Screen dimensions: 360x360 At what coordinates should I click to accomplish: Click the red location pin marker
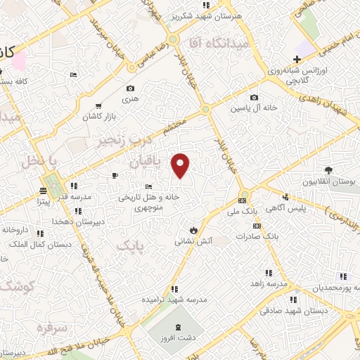click(x=181, y=165)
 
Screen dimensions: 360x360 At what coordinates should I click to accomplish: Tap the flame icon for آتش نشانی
click(x=193, y=230)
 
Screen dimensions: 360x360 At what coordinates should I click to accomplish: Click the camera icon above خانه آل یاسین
click(x=254, y=97)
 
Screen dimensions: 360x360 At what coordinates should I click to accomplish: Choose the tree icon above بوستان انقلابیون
click(x=328, y=169)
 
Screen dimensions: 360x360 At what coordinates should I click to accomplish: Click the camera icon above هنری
click(x=130, y=89)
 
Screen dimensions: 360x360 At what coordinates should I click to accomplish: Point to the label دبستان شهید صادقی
click(x=290, y=310)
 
